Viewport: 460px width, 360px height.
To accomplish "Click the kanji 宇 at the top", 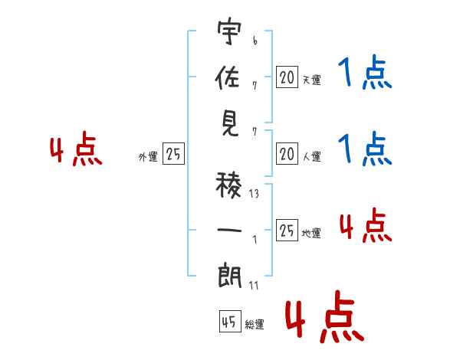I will [230, 34].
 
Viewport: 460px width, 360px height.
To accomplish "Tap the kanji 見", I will [230, 125].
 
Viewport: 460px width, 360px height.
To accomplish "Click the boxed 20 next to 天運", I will [287, 77].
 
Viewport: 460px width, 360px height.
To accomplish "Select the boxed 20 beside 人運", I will [287, 155].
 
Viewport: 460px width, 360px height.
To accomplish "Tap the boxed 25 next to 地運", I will [287, 231].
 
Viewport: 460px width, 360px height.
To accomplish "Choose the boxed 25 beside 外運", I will [174, 155].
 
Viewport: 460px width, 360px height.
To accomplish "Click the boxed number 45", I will [228, 322].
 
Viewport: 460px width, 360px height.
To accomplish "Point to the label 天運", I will [311, 79].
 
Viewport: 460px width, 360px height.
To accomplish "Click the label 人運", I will [311, 156].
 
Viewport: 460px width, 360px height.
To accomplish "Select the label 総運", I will [255, 325].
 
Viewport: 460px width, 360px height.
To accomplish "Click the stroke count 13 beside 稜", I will [254, 194].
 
